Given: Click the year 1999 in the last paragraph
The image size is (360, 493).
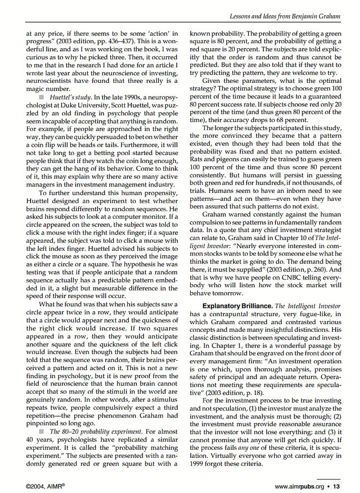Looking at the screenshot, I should (x=198, y=463).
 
